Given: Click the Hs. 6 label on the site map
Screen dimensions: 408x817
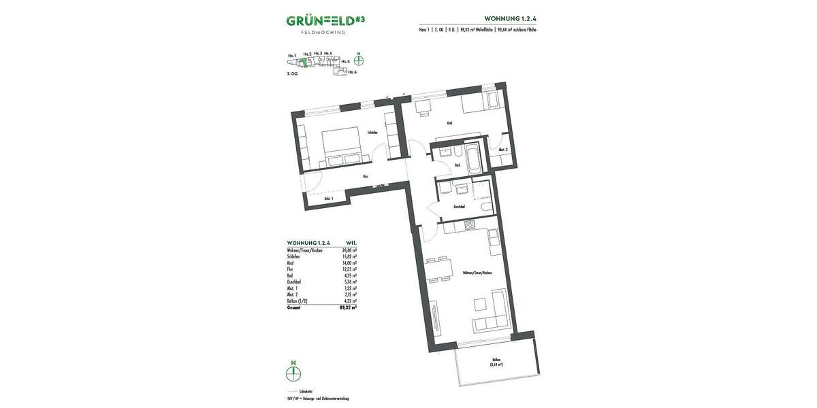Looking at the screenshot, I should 352,71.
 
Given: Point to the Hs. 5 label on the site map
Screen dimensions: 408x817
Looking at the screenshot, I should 345,61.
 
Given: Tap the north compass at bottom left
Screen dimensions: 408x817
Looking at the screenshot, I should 293,373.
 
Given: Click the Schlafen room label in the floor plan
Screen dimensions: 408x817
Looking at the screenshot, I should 372,133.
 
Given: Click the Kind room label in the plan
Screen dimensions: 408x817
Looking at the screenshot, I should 449,123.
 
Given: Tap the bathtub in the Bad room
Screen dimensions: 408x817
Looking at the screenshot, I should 473,157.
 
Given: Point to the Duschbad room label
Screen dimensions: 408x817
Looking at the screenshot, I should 458,206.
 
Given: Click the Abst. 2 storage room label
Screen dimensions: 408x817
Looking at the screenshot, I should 503,150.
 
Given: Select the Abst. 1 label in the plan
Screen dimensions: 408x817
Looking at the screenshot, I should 327,198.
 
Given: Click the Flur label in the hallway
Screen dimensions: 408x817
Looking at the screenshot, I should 365,177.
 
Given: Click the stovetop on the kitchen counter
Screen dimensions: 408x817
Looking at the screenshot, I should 468,225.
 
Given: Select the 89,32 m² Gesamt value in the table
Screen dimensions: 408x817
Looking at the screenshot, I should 349,307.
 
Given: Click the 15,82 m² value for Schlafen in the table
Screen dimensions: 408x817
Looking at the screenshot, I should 351,256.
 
